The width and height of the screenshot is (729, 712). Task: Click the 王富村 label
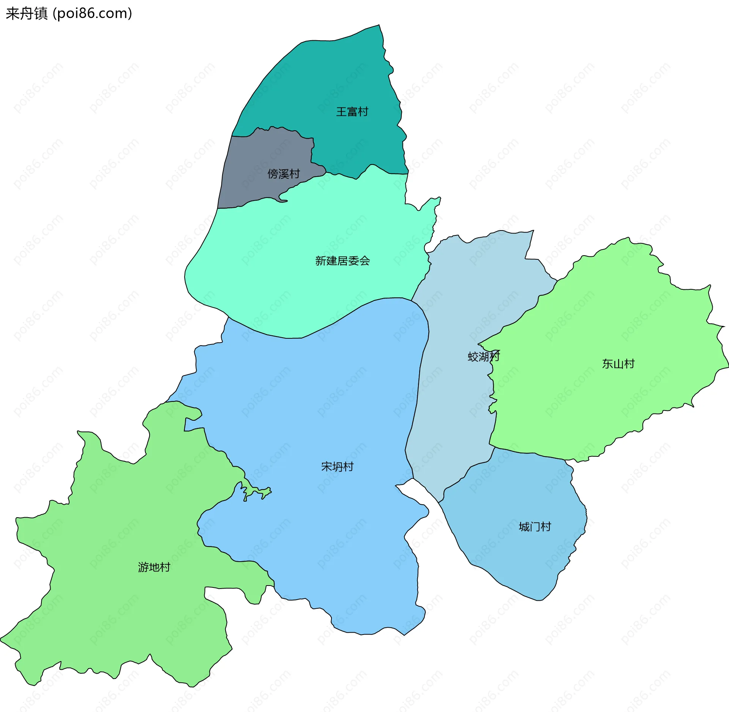pyautogui.click(x=352, y=112)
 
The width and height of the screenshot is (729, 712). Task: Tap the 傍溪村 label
pyautogui.click(x=284, y=174)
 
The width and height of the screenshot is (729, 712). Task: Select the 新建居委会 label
pyautogui.click(x=342, y=261)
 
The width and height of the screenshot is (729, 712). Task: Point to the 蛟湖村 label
pyautogui.click(x=483, y=357)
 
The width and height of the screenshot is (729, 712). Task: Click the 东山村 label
pyautogui.click(x=618, y=364)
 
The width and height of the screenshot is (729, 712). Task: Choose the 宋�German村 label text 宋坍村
pyautogui.click(x=337, y=466)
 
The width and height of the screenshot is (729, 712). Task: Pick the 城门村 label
pyautogui.click(x=535, y=527)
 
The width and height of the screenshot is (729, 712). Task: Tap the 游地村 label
pyautogui.click(x=154, y=567)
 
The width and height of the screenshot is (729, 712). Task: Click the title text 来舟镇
pyautogui.click(x=27, y=14)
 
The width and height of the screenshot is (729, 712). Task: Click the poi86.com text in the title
pyautogui.click(x=92, y=14)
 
